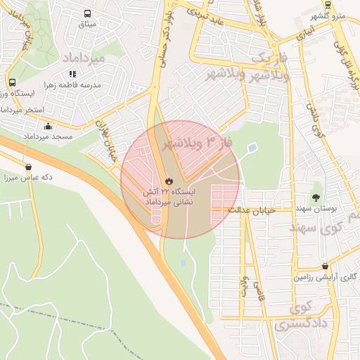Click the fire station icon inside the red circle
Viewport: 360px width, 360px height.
point(168,181)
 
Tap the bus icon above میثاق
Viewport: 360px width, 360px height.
point(87,14)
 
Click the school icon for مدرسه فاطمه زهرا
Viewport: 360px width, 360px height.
point(72,73)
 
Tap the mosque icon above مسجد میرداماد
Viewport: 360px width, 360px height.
point(48,126)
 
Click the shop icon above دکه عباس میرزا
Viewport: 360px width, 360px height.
point(28,167)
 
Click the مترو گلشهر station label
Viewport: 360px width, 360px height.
point(329,15)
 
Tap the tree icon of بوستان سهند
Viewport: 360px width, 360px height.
point(316,198)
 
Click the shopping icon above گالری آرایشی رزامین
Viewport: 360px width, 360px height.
point(324,266)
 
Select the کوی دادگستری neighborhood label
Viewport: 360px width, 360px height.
point(294,317)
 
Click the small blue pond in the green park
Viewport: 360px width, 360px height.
point(252,148)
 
